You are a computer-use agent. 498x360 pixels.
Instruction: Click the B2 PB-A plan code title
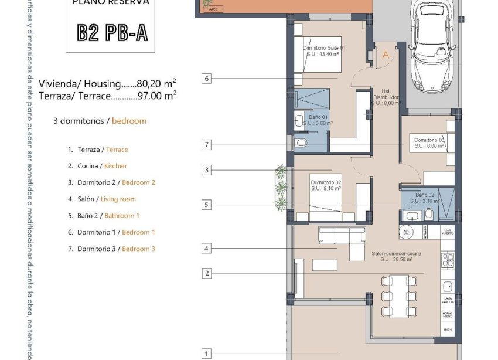[x=112, y=33]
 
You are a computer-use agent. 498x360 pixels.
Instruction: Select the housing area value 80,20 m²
[x=156, y=84]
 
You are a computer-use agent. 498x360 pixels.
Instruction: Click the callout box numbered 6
[x=206, y=78]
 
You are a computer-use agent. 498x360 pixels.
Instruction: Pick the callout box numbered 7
[x=206, y=145]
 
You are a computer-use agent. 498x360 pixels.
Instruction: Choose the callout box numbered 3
[x=206, y=171]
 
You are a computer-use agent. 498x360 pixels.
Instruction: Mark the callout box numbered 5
[x=206, y=205]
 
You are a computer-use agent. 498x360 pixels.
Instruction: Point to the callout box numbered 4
[x=206, y=249]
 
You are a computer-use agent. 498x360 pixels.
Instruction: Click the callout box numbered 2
[x=206, y=273]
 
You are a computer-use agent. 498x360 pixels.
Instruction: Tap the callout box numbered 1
[x=206, y=354]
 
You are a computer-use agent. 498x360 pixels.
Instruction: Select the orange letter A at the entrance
[x=385, y=55]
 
